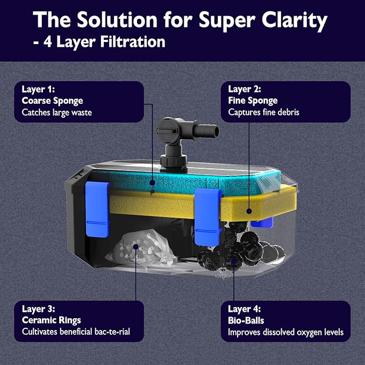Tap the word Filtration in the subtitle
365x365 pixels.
click(133, 42)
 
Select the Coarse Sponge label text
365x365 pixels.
click(52, 101)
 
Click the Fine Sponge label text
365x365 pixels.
click(253, 101)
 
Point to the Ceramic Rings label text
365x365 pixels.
click(52, 320)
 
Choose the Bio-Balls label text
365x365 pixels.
click(246, 320)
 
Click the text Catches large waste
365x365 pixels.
click(57, 112)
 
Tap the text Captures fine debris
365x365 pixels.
click(263, 112)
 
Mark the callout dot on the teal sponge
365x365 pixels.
click(152, 183)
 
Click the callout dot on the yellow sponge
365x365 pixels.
click(249, 211)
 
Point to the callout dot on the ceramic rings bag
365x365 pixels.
click(135, 247)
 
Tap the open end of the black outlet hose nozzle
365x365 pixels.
click(216, 132)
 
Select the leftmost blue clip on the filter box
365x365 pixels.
click(97, 209)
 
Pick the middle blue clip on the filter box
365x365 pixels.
click(207, 217)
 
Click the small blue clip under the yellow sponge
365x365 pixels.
click(262, 223)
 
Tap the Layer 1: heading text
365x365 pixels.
click(38, 89)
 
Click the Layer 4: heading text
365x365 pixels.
click(245, 309)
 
